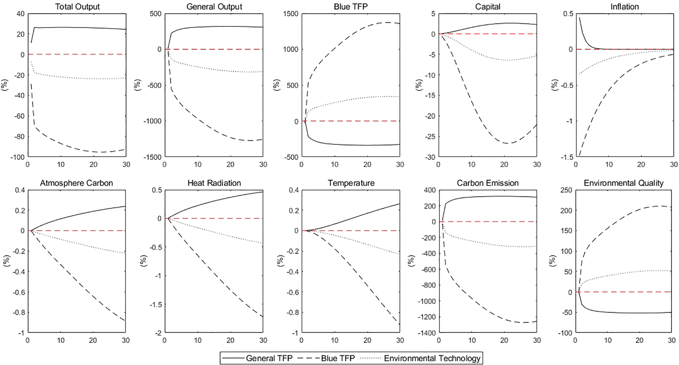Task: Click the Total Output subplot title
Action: click(77, 7)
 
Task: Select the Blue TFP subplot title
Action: click(350, 7)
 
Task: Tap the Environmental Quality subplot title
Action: click(624, 183)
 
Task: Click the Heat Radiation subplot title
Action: click(214, 183)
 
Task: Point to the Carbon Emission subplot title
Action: click(488, 183)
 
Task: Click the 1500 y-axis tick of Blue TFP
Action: click(291, 14)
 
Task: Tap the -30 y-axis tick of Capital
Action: click(430, 157)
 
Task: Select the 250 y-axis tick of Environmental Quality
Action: click(566, 190)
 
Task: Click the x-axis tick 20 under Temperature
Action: click(367, 341)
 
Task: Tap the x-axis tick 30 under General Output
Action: click(263, 164)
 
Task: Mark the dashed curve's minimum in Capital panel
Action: click(508, 143)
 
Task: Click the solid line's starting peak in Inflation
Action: click(579, 17)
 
